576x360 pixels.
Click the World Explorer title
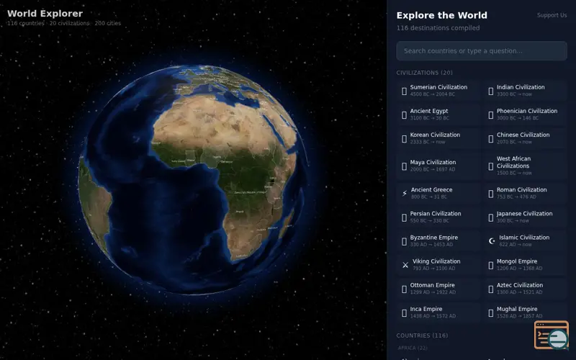point(45,14)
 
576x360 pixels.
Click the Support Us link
point(552,15)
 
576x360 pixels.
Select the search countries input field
point(481,51)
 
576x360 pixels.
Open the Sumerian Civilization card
point(438,91)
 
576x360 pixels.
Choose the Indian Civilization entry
point(524,91)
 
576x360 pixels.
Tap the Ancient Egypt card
point(438,114)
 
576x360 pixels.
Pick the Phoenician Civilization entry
point(524,114)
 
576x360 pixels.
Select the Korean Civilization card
point(438,138)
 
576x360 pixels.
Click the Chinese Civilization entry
point(524,138)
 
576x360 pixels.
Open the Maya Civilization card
point(438,166)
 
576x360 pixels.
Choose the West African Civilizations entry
point(524,166)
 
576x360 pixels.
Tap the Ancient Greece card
point(438,193)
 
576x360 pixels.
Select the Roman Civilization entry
point(524,193)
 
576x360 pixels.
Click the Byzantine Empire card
point(438,240)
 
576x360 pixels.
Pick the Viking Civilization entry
point(438,264)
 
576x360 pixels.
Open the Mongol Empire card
point(524,264)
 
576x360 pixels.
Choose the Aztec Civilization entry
point(524,288)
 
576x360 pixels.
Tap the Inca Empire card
point(438,312)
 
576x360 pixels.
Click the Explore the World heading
point(441,15)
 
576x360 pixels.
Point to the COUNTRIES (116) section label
point(422,336)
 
